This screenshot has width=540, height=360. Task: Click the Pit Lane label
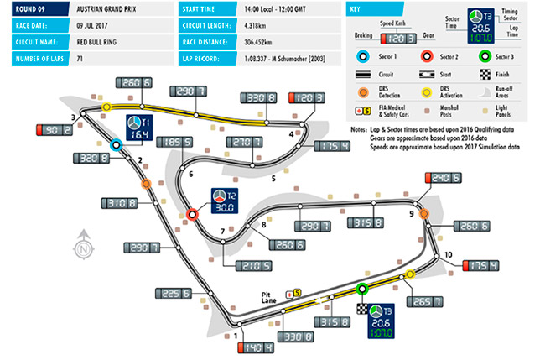tap(270, 294)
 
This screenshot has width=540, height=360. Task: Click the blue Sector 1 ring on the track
tap(117, 143)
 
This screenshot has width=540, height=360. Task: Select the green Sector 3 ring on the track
tap(362, 290)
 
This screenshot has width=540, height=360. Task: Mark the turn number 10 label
tap(448, 254)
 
